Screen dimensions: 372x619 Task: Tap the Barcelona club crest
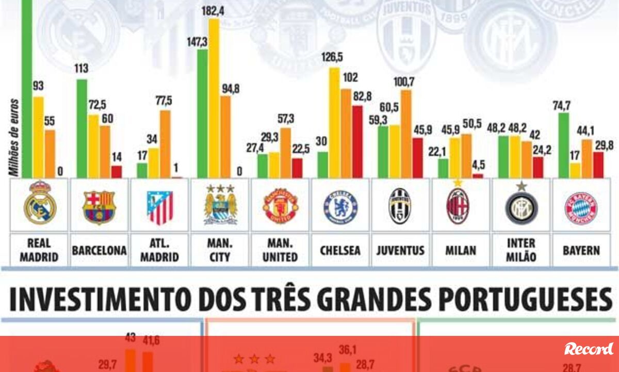(x=99, y=207)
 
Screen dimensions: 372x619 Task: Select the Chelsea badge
(x=340, y=207)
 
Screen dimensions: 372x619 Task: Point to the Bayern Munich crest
(x=581, y=208)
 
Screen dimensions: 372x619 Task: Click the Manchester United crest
(x=280, y=206)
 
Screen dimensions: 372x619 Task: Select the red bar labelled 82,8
(x=357, y=141)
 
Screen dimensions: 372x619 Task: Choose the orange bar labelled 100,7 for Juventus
(x=406, y=134)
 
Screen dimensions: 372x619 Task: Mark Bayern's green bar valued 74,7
(x=564, y=145)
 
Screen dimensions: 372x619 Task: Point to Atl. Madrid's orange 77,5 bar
(x=165, y=144)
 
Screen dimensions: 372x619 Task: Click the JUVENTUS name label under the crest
(x=400, y=251)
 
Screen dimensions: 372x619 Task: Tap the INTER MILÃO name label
(x=521, y=250)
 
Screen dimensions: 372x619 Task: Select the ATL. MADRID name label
(x=159, y=250)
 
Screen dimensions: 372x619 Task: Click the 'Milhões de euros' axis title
(x=15, y=137)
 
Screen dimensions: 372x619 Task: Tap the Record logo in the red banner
(x=589, y=349)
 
